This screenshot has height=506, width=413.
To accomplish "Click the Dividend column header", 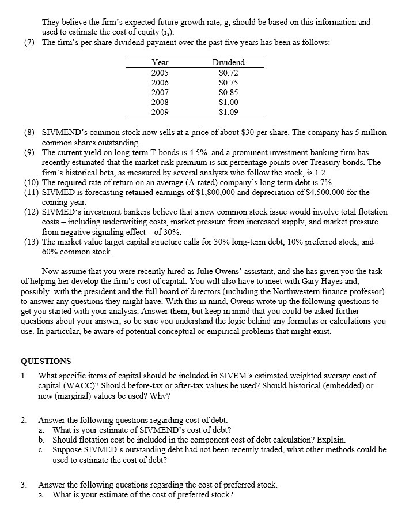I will [x=228, y=62].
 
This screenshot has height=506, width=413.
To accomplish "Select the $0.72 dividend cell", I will [x=229, y=72].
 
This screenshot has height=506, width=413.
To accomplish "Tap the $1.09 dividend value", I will [x=229, y=111].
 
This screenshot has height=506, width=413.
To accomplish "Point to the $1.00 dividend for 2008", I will [x=229, y=102].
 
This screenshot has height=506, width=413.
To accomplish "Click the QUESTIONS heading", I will [x=46, y=362].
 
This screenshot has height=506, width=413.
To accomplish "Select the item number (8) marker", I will [x=29, y=132].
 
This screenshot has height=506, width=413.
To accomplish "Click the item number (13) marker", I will [x=31, y=242].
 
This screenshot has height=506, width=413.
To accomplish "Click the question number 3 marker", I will [x=24, y=485].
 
